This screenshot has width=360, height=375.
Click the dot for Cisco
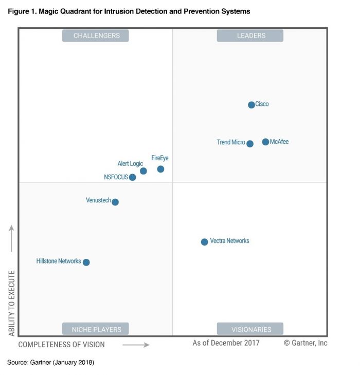coord(251,105)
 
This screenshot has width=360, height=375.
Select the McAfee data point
coord(265,142)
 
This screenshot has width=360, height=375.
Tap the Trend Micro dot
coord(250,144)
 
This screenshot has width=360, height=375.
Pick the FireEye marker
coord(160,169)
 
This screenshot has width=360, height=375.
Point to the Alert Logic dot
coord(143,171)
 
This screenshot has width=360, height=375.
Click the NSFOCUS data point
coord(132,177)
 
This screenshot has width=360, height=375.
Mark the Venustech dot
coord(115,202)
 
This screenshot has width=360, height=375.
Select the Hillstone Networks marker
coord(86,262)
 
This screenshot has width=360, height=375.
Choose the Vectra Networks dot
coord(204,241)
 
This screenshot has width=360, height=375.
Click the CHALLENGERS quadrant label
coord(96,35)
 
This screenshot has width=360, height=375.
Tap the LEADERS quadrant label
coord(250,35)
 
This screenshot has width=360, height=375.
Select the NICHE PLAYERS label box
coord(96,329)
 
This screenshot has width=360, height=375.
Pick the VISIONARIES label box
coord(250,329)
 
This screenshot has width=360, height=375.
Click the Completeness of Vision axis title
coord(62,345)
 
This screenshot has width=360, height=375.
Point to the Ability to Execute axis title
coord(12,303)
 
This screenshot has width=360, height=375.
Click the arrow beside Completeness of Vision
coord(136,345)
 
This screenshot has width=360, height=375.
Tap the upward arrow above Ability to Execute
coord(12,238)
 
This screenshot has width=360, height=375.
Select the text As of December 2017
coord(226,343)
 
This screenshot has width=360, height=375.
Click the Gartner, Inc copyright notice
coord(305,343)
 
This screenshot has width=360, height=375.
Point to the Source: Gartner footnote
coord(50,363)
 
